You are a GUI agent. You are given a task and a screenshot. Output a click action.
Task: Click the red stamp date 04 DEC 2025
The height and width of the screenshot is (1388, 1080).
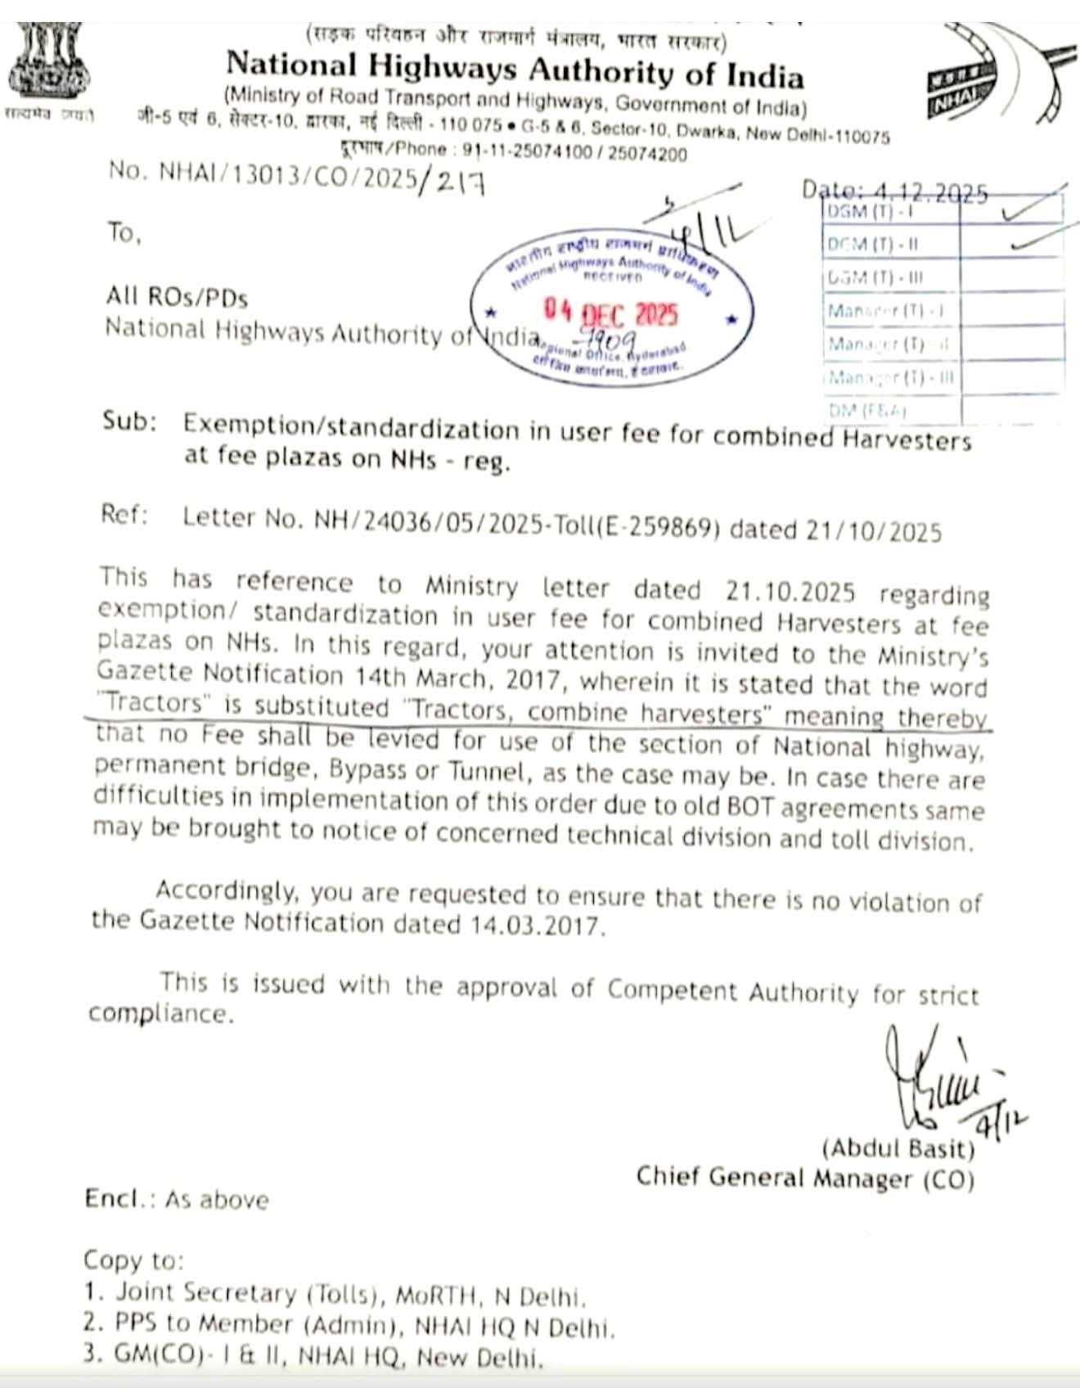coord(612,313)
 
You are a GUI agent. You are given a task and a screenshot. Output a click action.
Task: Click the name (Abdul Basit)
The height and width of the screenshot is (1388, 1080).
coord(898,1148)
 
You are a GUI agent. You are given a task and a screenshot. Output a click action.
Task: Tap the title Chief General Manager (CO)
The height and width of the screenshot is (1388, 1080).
coord(805,1178)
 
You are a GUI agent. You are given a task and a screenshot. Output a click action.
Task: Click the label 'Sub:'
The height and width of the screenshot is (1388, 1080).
coord(128,421)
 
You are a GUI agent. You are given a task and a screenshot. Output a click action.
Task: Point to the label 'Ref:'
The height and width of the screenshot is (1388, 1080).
coord(124,515)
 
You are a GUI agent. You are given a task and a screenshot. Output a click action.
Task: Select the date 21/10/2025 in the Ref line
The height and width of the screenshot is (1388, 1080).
coord(874,531)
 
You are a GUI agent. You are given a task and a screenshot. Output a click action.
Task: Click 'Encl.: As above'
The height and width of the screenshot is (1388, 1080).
coord(176,1200)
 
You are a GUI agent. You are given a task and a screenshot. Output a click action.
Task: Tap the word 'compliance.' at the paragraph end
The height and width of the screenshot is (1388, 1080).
coord(160,1014)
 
